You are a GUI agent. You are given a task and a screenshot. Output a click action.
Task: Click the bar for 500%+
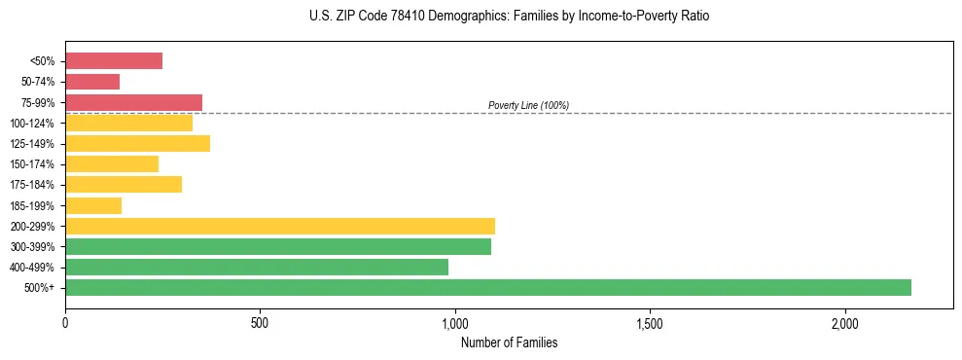[x=488, y=287]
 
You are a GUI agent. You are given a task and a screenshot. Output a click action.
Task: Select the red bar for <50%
[x=114, y=61]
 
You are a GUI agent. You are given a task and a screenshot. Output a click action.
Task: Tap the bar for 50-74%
[x=92, y=82]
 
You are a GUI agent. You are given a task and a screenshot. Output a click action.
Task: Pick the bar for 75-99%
[x=133, y=102]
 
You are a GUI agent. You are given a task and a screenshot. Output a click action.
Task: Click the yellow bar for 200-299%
[x=280, y=226]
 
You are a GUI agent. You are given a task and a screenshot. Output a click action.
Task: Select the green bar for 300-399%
[x=278, y=246]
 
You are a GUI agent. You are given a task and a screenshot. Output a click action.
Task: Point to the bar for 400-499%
[x=257, y=267]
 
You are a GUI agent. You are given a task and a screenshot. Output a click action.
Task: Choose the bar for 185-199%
[x=93, y=205]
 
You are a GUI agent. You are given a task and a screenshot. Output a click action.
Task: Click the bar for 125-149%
[x=137, y=144]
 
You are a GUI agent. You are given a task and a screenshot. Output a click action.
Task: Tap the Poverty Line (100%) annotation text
[x=528, y=105]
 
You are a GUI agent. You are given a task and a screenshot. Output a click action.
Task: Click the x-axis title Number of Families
[x=509, y=343]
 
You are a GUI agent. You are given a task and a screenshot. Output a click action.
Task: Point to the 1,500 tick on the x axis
[x=650, y=323]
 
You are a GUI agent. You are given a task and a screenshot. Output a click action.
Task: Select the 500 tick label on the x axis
[x=260, y=323]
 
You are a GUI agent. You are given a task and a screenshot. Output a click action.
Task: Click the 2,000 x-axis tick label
[x=845, y=323]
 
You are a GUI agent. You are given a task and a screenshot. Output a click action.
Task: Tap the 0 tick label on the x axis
[x=65, y=323]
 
